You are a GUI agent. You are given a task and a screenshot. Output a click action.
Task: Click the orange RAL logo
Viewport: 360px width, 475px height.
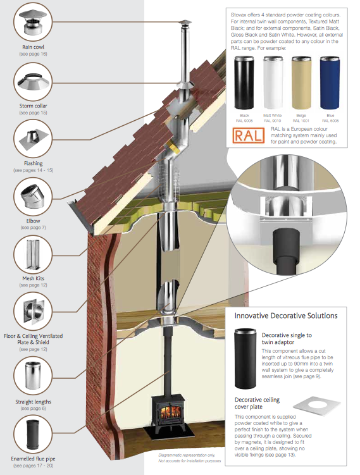pyautogui.click(x=245, y=135)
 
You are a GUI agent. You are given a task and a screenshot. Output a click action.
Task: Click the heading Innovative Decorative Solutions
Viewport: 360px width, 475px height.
pyautogui.click(x=286, y=316)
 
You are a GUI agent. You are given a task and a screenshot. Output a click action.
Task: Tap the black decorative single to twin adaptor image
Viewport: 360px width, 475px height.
pyautogui.click(x=245, y=357)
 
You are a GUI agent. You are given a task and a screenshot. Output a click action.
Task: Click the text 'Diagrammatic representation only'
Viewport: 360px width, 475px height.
pyautogui.click(x=180, y=455)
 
